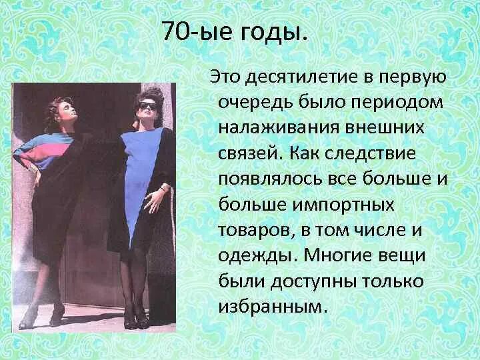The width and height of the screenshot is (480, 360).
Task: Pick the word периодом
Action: coord(388,103)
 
